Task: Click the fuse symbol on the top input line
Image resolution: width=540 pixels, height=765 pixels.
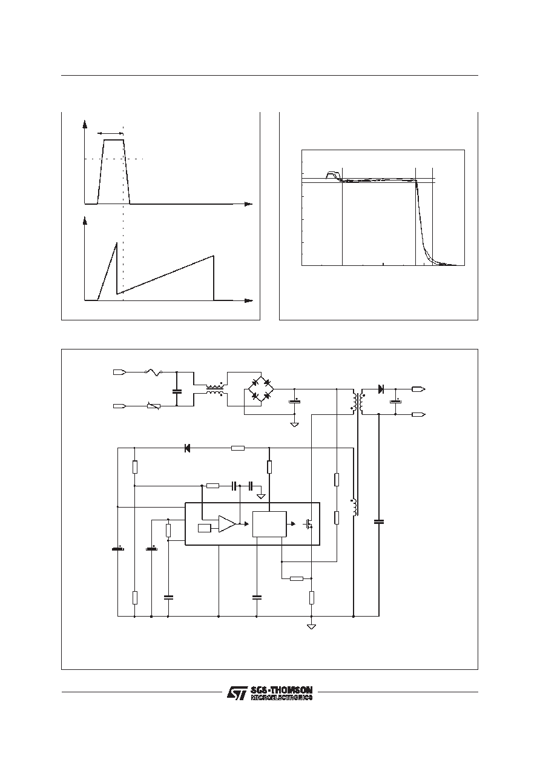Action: coord(154,373)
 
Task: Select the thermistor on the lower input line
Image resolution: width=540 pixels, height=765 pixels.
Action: coord(154,406)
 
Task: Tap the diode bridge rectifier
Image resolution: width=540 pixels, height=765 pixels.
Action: coord(261,389)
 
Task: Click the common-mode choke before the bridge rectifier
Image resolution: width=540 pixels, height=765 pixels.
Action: coord(214,389)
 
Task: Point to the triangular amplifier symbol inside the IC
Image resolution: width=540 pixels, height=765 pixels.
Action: coord(227,523)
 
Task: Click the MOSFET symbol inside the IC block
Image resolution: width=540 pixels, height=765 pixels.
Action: coord(309,524)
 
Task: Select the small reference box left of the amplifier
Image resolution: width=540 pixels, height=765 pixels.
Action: coord(205,528)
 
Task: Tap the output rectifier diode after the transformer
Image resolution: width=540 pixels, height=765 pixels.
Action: coord(381,389)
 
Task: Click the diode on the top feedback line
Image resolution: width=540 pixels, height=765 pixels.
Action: coord(186,448)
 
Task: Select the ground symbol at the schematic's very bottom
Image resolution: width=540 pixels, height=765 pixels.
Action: coord(311,626)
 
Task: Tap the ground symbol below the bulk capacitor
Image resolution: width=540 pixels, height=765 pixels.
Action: coord(294,425)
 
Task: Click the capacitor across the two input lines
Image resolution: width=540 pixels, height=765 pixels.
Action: coord(177,391)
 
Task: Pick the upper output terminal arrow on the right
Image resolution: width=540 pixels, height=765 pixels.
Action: coord(419,389)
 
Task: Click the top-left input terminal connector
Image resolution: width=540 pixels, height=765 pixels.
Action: coord(120,373)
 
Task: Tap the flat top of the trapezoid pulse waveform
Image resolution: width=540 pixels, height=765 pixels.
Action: coord(114,140)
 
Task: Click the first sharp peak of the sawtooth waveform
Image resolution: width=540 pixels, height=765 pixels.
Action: coord(116,243)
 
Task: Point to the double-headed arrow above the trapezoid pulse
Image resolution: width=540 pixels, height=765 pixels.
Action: coord(110,133)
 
